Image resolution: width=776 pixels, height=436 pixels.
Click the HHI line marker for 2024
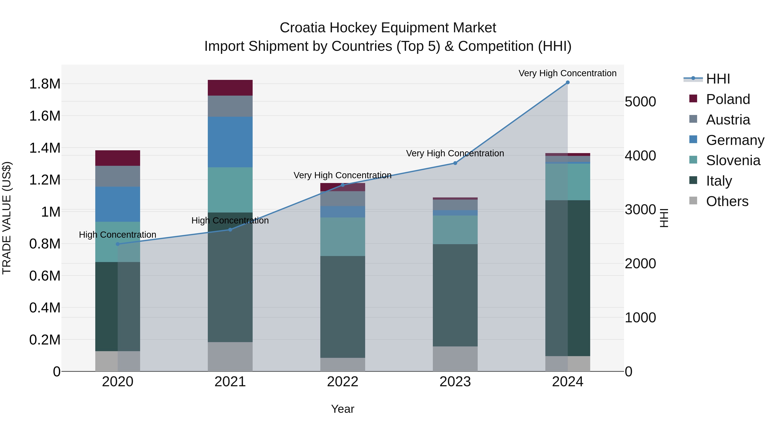(x=568, y=82)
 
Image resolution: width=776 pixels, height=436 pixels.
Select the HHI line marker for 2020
(x=118, y=244)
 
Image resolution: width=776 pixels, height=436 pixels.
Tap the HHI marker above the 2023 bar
(x=455, y=163)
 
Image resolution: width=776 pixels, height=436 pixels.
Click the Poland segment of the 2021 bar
(x=230, y=88)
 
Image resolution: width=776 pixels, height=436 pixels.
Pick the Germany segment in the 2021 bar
(x=230, y=142)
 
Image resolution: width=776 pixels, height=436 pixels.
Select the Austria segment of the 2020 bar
(x=118, y=176)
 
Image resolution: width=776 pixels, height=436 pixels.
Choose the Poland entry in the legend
(x=727, y=99)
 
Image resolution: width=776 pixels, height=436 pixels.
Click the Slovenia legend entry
(x=733, y=160)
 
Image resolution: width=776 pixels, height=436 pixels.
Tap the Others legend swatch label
(x=727, y=201)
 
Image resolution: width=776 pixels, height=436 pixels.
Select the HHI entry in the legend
(x=718, y=79)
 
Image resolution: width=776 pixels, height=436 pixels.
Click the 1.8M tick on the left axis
(x=45, y=84)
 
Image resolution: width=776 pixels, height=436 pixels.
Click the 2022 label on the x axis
(x=343, y=382)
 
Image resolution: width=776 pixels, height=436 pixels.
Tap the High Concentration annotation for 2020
(x=117, y=235)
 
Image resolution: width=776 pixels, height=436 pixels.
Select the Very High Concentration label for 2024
(x=567, y=73)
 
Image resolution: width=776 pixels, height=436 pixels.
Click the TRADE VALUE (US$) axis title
(x=7, y=218)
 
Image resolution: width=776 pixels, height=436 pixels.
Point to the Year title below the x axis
(x=343, y=409)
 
